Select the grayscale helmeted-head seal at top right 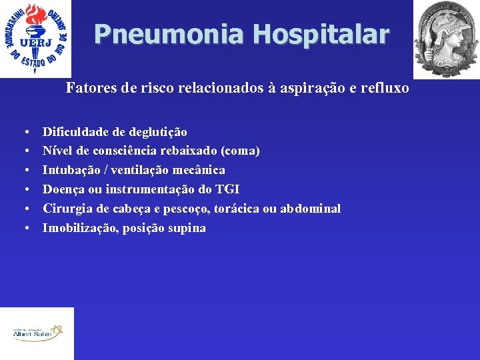click(x=446, y=39)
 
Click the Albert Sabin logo click(x=37, y=333)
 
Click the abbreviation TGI click(x=227, y=190)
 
